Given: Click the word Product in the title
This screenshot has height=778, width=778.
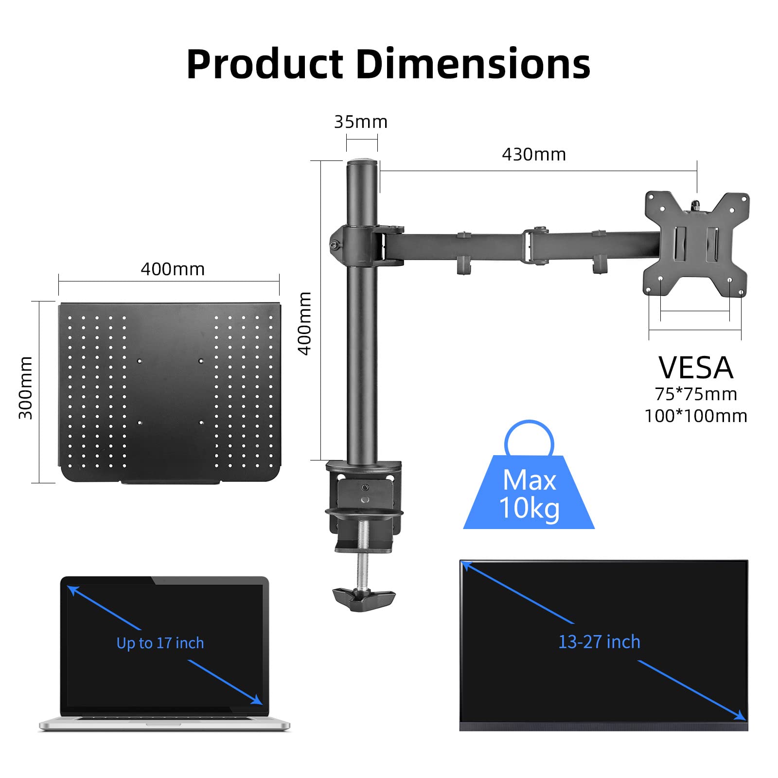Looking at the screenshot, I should click(x=265, y=64).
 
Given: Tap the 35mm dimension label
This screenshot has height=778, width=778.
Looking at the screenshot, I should click(x=361, y=122).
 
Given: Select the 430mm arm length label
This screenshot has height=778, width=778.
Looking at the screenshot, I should click(x=534, y=155).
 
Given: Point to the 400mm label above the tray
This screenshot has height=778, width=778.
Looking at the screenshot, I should click(x=173, y=269).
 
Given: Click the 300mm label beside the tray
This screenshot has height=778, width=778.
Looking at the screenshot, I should click(x=25, y=388).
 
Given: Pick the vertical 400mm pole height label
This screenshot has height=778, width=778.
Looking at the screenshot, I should click(x=305, y=323).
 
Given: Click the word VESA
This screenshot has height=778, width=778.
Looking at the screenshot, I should click(x=695, y=368).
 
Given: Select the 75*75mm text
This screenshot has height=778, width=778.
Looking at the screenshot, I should click(x=696, y=394).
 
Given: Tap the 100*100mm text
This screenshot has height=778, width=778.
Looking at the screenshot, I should click(x=696, y=416).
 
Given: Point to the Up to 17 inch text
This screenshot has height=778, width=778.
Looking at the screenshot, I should click(x=160, y=643).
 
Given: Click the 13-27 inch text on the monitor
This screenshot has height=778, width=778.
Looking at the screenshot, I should click(x=599, y=642).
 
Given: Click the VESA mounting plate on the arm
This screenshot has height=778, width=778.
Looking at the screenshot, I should click(x=696, y=243).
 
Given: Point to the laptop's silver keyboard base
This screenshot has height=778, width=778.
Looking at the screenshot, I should click(x=164, y=724).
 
